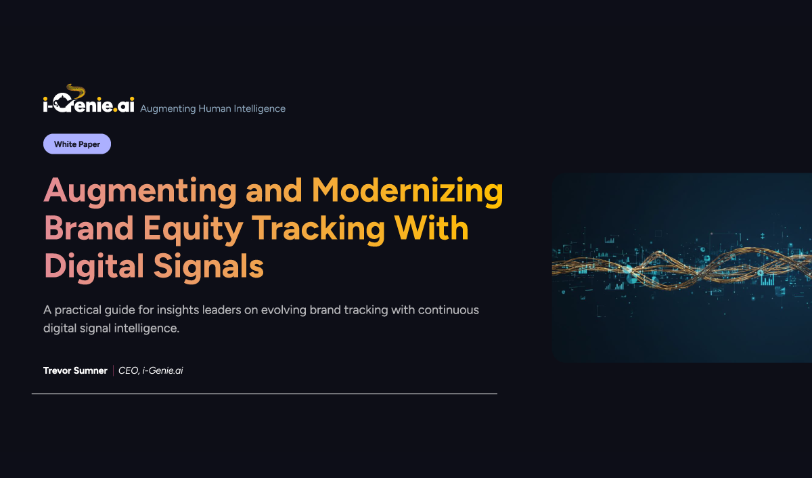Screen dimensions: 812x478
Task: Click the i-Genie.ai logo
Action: pos(89,99)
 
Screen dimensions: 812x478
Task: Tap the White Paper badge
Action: pos(77,144)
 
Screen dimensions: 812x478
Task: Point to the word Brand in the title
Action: pos(89,227)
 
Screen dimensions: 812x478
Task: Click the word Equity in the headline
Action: pos(193,230)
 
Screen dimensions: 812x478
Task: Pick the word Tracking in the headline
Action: pos(318,230)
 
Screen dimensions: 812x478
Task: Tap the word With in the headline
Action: pos(432,227)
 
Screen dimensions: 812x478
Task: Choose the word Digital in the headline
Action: pos(94,267)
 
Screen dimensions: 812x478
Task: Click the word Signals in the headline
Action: pos(208,267)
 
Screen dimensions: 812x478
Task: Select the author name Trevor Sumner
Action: pos(75,370)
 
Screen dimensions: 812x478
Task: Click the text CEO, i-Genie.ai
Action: pos(151,370)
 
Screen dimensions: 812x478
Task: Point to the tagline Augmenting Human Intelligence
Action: pos(212,108)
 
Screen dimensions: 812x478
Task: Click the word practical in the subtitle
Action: pos(78,311)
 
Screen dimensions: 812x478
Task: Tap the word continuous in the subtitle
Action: pos(449,310)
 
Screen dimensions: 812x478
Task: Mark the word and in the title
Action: pos(274,190)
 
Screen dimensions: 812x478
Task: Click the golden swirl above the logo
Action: pos(76,91)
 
